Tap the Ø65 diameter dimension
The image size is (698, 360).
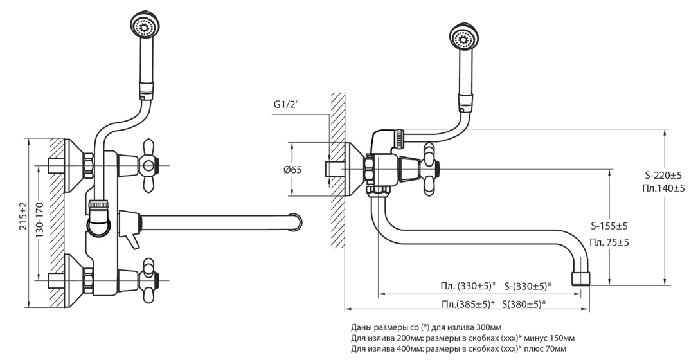(x=292, y=170)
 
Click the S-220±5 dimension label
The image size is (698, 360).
(x=663, y=174)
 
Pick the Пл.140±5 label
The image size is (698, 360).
(x=663, y=188)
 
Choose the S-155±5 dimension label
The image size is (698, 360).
(x=609, y=226)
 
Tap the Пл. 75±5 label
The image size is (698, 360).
(x=609, y=242)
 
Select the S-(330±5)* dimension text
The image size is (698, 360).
(x=528, y=286)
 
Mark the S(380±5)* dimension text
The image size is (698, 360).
(x=524, y=304)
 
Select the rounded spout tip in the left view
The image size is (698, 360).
(x=295, y=221)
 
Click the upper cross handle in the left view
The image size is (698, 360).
(x=148, y=166)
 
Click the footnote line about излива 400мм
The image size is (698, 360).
(x=459, y=349)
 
